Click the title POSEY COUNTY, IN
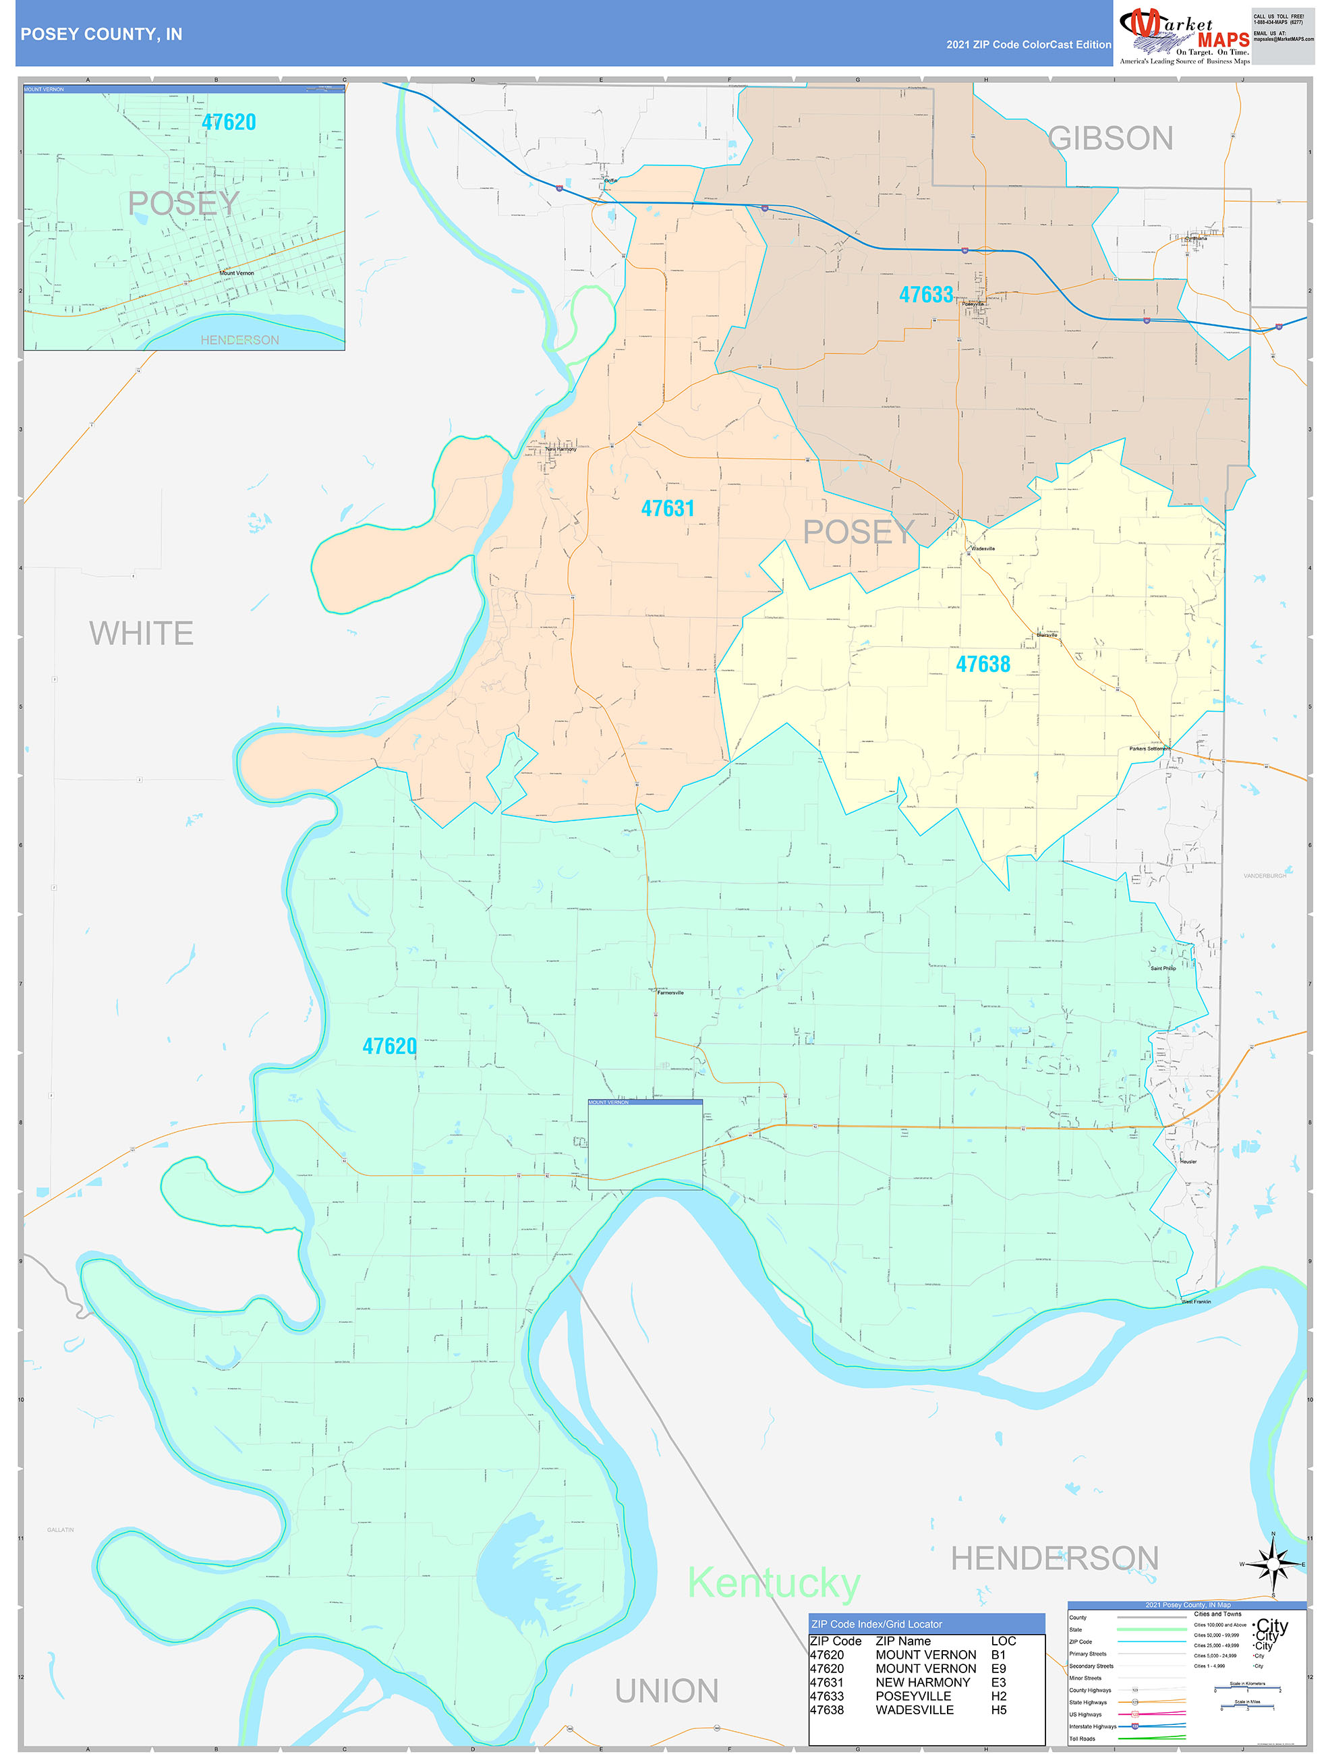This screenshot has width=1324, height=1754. pyautogui.click(x=101, y=34)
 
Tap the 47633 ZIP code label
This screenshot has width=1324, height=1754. pyautogui.click(x=926, y=295)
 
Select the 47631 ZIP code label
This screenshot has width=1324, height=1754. pyautogui.click(x=668, y=508)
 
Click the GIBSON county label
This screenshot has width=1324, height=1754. pyautogui.click(x=1110, y=139)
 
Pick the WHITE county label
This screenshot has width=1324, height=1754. pyautogui.click(x=141, y=633)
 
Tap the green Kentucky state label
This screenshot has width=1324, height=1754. pyautogui.click(x=773, y=1583)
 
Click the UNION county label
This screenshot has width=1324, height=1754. pyautogui.click(x=667, y=1691)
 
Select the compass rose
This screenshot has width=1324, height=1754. pyautogui.click(x=1273, y=1564)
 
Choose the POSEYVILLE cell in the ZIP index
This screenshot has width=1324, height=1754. pyautogui.click(x=913, y=1696)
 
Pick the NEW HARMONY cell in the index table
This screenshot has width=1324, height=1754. pyautogui.click(x=922, y=1682)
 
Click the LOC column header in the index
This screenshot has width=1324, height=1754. pyautogui.click(x=1003, y=1641)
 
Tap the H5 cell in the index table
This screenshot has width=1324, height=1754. pyautogui.click(x=998, y=1709)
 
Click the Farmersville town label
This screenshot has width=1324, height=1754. pyautogui.click(x=670, y=993)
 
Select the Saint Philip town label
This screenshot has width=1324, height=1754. pyautogui.click(x=1163, y=968)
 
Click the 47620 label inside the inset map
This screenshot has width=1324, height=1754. pyautogui.click(x=229, y=122)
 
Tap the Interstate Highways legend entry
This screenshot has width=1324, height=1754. pyautogui.click(x=1093, y=1726)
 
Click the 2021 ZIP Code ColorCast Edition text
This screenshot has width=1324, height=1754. pyautogui.click(x=1029, y=45)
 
